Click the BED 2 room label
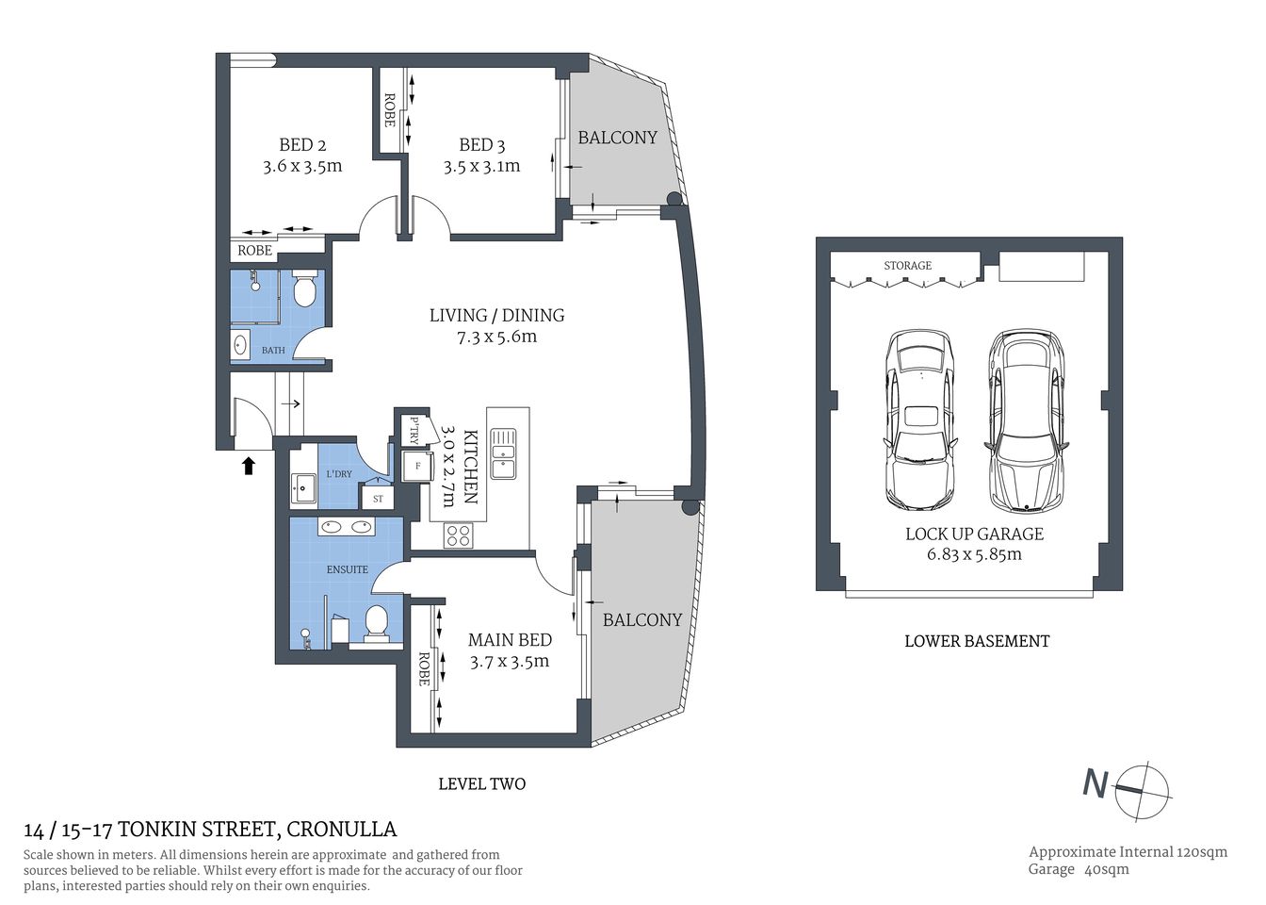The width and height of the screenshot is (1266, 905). point(302,145)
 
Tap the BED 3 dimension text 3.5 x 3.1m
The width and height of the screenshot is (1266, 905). point(481,167)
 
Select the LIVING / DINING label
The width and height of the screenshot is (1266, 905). point(496,316)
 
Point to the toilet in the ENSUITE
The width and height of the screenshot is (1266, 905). point(376,624)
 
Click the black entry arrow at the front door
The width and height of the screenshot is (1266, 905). point(249,465)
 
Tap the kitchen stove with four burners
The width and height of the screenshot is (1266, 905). point(458,535)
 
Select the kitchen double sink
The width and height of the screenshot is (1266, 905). point(502,452)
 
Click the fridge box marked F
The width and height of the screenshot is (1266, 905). point(417,466)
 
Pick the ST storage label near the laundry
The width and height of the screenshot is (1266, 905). point(378,499)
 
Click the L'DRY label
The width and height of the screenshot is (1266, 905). point(339,473)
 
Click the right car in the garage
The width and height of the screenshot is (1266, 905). point(1025,420)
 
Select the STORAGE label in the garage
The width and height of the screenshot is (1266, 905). point(907,266)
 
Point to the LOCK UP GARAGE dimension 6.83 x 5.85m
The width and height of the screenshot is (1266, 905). point(974,555)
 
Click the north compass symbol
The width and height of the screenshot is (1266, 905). point(1142,790)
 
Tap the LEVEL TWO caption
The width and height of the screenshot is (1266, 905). point(481,783)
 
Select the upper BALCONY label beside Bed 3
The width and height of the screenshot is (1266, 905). point(617,138)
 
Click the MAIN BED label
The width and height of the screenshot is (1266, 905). point(510,640)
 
